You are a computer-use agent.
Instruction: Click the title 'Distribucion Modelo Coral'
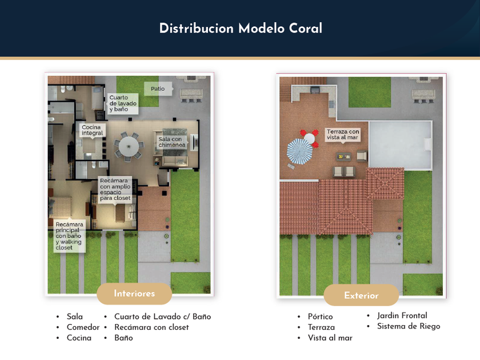coord(240,29)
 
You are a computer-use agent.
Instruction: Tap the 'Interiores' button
coord(134,294)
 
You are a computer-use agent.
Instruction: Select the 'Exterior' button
coord(361,295)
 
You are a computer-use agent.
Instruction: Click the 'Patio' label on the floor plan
coord(158,89)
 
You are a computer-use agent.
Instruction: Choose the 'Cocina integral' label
coord(92,130)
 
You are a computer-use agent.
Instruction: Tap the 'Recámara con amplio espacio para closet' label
coord(115,189)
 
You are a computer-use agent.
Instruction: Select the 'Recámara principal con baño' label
coord(69,236)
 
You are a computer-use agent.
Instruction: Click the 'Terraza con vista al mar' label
coord(343,134)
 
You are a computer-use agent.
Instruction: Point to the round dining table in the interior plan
coord(129,145)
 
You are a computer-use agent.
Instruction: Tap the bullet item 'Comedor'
coord(83,327)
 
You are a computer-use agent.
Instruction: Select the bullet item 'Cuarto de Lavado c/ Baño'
coord(162,317)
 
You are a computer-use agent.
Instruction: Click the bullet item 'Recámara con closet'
coord(151,327)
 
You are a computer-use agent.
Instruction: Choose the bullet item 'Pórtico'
coord(320,317)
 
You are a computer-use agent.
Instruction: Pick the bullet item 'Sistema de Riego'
coord(408,326)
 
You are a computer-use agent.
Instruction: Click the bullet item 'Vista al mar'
coord(330,338)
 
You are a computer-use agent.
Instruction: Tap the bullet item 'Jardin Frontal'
coord(402,315)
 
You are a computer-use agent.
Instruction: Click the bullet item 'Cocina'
coord(79,338)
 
